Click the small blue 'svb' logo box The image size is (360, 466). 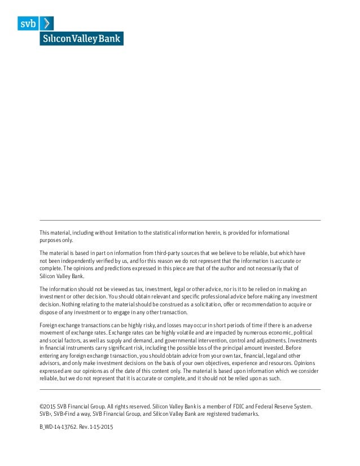coord(27,23)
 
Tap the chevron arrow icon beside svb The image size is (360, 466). coord(49,23)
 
